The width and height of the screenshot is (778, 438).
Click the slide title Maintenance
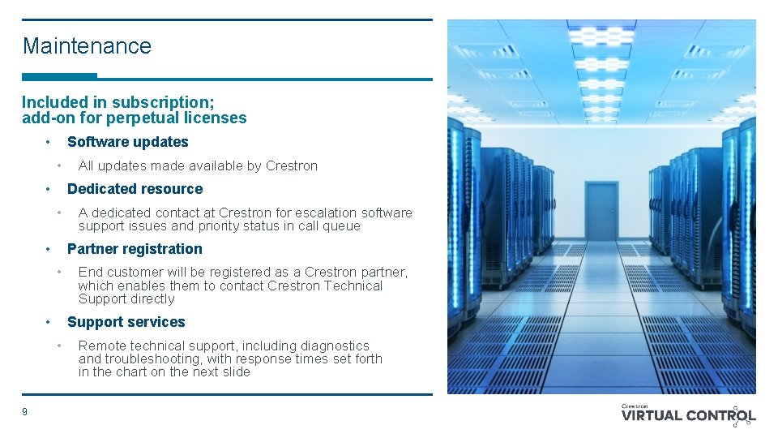tap(87, 46)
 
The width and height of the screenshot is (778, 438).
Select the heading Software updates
tap(127, 142)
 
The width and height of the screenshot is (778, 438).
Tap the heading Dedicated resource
tap(135, 189)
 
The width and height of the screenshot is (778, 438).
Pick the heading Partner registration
tap(135, 249)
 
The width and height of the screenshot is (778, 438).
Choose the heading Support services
tap(126, 322)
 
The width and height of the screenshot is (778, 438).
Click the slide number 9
tap(24, 412)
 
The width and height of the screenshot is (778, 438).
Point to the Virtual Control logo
tap(688, 414)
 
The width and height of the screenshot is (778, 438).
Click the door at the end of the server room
tap(601, 211)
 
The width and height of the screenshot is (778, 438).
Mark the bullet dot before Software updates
tap(49, 142)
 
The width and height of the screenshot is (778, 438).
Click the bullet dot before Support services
tap(49, 322)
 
